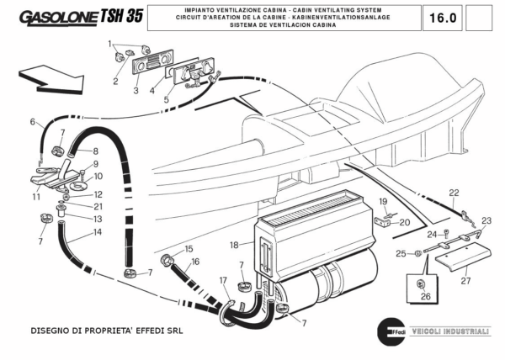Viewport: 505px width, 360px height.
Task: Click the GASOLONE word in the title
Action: [56, 18]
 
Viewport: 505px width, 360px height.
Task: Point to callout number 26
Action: [425, 296]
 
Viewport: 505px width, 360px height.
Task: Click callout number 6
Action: [34, 122]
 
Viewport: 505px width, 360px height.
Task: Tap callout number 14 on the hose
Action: [98, 232]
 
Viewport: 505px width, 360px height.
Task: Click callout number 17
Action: [223, 280]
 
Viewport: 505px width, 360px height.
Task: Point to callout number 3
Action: [136, 89]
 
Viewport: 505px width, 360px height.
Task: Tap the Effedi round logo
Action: [387, 329]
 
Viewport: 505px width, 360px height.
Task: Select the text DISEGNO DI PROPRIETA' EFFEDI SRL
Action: [106, 331]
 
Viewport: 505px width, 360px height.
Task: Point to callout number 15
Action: [189, 249]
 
